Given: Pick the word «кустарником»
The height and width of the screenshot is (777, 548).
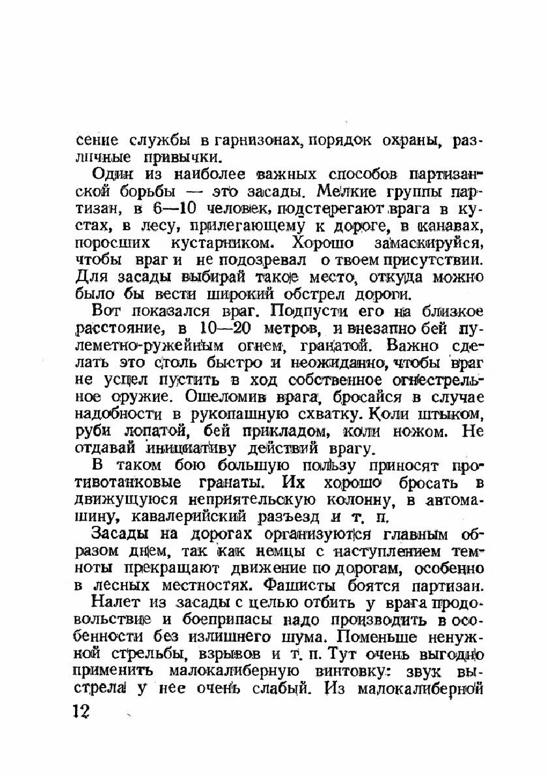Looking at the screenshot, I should point(211,243).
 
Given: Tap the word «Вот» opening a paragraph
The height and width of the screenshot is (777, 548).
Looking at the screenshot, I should point(105,311).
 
